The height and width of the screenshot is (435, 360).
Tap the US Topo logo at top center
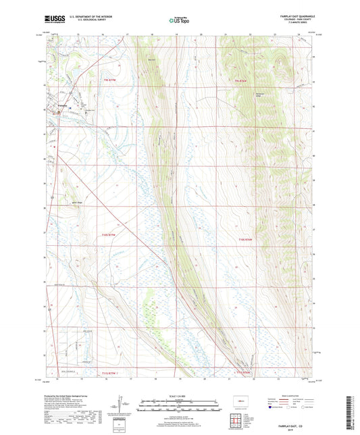[178, 20]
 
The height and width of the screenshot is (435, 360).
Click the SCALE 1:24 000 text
[180, 395]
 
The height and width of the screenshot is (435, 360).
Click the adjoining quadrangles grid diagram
[237, 423]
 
